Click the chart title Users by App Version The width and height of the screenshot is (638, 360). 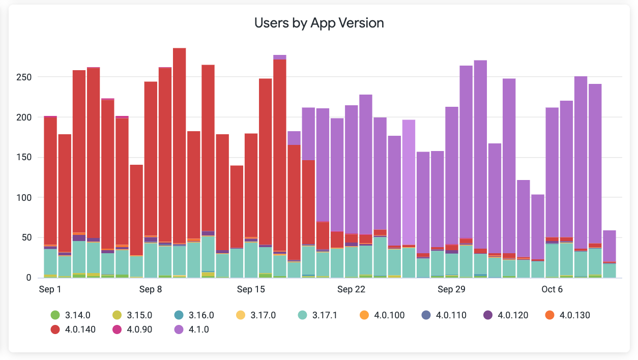[318, 23]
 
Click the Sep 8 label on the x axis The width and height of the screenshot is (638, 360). [150, 290]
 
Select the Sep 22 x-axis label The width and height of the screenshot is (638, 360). [351, 290]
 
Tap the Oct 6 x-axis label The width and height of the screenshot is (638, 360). [552, 290]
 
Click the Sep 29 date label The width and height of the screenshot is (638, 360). [452, 290]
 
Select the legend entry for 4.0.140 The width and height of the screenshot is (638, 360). [80, 329]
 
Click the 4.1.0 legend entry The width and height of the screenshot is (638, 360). [198, 329]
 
